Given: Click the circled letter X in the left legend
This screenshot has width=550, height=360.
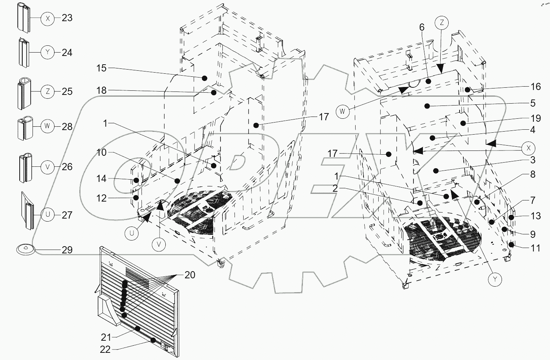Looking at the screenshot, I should [48, 18].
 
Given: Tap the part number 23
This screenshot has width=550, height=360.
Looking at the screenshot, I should [67, 18].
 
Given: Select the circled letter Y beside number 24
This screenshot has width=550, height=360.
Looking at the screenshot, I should [48, 53].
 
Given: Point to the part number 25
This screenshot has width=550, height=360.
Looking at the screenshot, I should [67, 92].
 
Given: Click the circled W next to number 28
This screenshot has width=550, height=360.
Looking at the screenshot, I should [47, 126].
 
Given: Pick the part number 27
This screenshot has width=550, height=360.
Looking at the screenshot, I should [67, 215].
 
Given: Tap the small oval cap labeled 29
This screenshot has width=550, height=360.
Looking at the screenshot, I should [25, 249].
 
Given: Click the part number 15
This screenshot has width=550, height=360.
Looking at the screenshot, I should [102, 68].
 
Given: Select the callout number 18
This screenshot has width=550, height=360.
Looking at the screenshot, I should [102, 91].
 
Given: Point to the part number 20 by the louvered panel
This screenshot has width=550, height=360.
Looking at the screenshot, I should [190, 275].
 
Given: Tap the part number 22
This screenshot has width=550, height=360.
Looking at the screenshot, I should [106, 350].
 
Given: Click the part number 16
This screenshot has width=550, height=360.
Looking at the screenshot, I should [535, 87].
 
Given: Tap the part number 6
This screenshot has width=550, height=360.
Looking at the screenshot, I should [422, 27].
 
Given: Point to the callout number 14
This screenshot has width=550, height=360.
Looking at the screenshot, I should [101, 178].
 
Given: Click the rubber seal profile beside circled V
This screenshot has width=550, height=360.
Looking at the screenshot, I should [26, 168].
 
